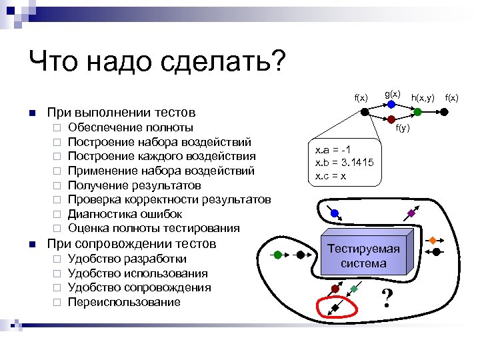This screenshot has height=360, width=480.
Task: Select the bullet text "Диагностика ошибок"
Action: (x=125, y=214)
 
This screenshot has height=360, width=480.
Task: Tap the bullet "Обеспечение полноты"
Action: (x=131, y=127)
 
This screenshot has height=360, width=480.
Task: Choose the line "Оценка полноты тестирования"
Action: (x=153, y=229)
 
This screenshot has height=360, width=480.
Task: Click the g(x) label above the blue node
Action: (x=393, y=94)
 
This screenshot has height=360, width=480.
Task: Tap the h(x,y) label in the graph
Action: (x=423, y=99)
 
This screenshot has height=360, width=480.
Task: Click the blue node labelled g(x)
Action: (x=391, y=105)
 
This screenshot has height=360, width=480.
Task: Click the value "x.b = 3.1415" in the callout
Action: (x=344, y=163)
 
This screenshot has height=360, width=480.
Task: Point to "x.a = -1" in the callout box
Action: (x=333, y=151)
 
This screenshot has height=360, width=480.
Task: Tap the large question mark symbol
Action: (x=385, y=299)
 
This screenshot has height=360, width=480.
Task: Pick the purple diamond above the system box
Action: (x=411, y=213)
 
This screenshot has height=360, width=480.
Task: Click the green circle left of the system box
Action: (x=277, y=255)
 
